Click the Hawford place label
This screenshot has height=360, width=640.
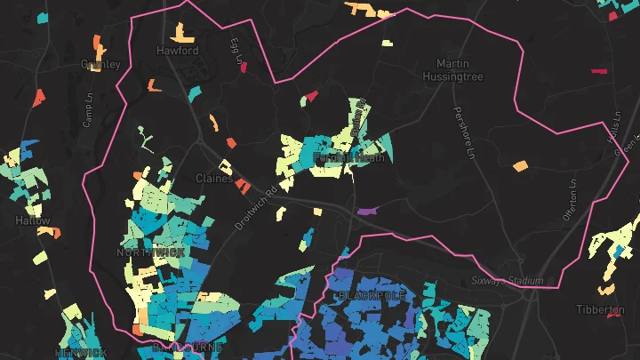177,52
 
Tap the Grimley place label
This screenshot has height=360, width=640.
100,64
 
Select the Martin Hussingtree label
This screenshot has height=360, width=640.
460,70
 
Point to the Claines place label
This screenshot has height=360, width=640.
213,178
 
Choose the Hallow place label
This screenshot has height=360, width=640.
33,220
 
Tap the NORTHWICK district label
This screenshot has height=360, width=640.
150,252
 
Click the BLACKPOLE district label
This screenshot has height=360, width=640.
371,294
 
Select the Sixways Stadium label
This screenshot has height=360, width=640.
507,281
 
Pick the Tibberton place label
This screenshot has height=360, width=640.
600,309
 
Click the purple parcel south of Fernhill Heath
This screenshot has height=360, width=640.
366,212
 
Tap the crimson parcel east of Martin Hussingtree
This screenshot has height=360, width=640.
598,70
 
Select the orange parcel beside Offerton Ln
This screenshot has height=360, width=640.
520,165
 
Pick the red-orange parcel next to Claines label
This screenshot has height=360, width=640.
241,184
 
